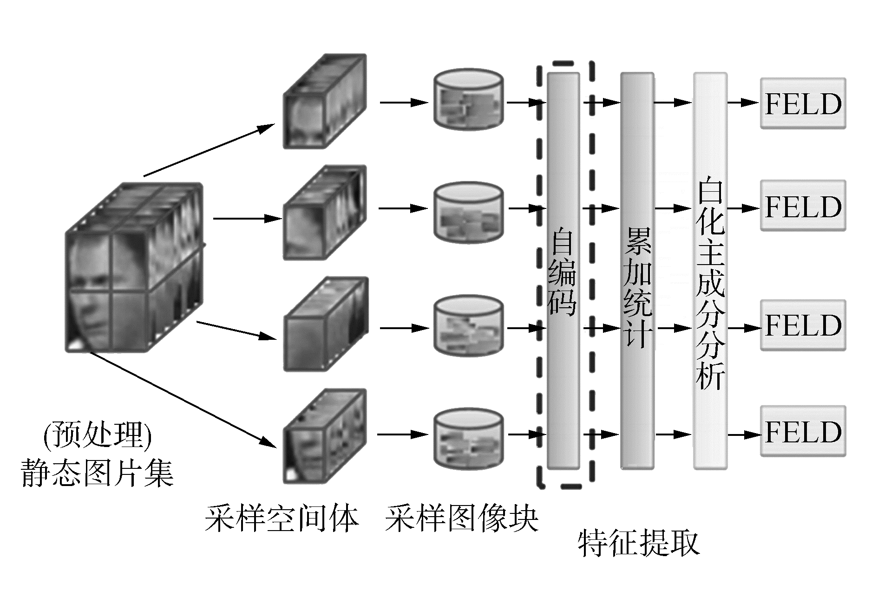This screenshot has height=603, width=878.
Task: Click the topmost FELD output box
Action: coord(803,103)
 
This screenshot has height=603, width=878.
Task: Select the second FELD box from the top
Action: coord(803,206)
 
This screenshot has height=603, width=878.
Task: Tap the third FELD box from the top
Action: coord(803,325)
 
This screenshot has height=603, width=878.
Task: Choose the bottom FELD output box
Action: coord(803,431)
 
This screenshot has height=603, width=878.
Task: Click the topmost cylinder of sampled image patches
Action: coord(468,100)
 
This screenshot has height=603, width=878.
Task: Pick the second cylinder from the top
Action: coord(468,212)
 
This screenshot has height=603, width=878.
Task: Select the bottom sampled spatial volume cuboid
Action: coord(325,436)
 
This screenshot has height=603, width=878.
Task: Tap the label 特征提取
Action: coord(638,543)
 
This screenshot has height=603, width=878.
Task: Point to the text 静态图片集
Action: coord(98,473)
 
